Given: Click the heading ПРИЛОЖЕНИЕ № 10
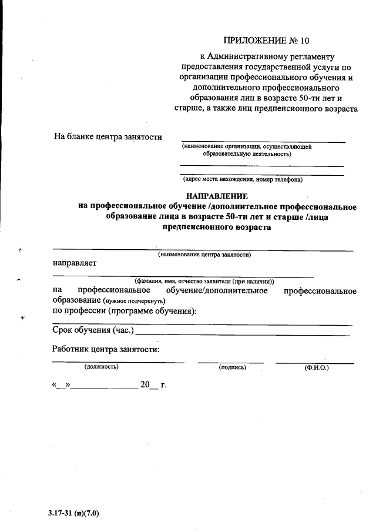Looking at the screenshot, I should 266,41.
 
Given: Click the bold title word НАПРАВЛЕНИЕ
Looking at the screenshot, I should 217,196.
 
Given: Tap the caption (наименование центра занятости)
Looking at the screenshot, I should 204,255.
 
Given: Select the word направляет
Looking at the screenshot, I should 75,263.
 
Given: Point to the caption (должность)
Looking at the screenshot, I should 101,367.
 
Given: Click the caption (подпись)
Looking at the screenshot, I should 232,367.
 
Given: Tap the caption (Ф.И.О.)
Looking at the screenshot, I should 316,367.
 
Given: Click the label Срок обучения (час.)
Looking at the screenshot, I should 93,330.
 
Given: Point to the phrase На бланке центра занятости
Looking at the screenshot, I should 108,137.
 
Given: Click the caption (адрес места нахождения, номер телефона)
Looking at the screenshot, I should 242,179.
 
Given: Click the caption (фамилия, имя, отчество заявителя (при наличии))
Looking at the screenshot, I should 204,281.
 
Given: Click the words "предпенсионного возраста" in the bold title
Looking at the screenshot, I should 216,227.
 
